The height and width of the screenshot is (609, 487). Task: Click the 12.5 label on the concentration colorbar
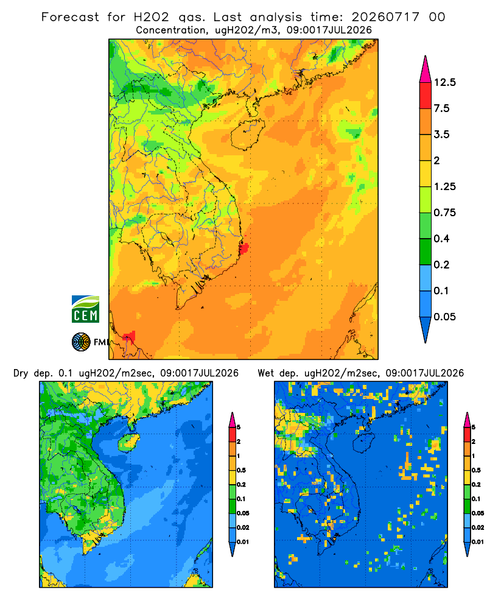pos(444,82)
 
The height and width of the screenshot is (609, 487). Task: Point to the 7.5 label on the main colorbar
pos(441,108)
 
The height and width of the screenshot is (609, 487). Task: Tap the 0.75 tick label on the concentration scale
pos(444,213)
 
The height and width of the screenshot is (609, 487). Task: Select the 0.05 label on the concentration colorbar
pos(444,317)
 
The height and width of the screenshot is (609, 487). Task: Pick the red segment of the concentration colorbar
pos(426,96)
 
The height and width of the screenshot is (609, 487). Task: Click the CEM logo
pos(85,309)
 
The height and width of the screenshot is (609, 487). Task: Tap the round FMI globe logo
pos(81,342)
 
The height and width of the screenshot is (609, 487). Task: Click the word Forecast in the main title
pos(70,17)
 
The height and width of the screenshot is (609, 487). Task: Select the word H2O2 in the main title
pos(152,17)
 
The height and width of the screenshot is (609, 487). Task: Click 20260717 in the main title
pos(385,17)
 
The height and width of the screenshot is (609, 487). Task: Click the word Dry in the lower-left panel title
pos(21,374)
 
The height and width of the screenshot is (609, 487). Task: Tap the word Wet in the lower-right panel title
pos(266,373)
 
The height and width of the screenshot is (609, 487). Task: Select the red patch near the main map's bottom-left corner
pos(130,337)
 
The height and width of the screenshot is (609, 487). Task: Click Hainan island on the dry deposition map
pos(129,443)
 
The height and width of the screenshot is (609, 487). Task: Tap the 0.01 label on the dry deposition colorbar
pos(243,542)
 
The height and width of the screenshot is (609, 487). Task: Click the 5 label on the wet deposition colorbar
pos(473,428)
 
